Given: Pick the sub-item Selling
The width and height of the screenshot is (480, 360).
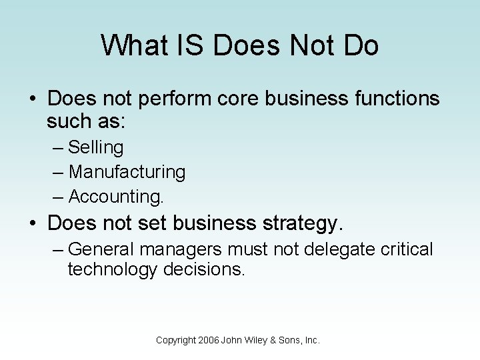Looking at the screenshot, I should pos(96,147).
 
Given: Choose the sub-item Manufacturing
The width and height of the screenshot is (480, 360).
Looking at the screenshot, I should pos(127,172).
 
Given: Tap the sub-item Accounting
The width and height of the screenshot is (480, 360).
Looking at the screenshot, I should pos(116,197).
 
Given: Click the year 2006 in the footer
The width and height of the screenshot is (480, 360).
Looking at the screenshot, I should pos(208,340).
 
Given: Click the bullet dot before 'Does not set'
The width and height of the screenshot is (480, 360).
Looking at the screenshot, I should pos(34,223).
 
